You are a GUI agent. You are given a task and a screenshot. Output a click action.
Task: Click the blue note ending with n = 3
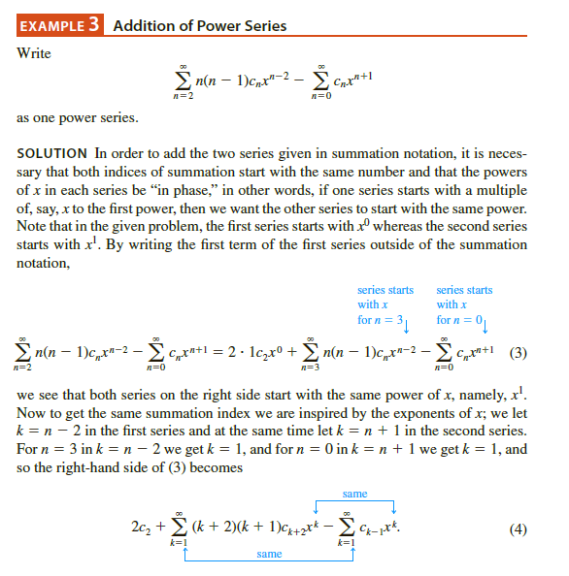385,304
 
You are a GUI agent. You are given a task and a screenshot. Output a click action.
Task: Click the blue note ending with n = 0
464,304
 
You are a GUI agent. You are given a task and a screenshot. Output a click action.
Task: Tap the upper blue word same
354,494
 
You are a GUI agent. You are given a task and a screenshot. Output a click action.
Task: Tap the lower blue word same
269,554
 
